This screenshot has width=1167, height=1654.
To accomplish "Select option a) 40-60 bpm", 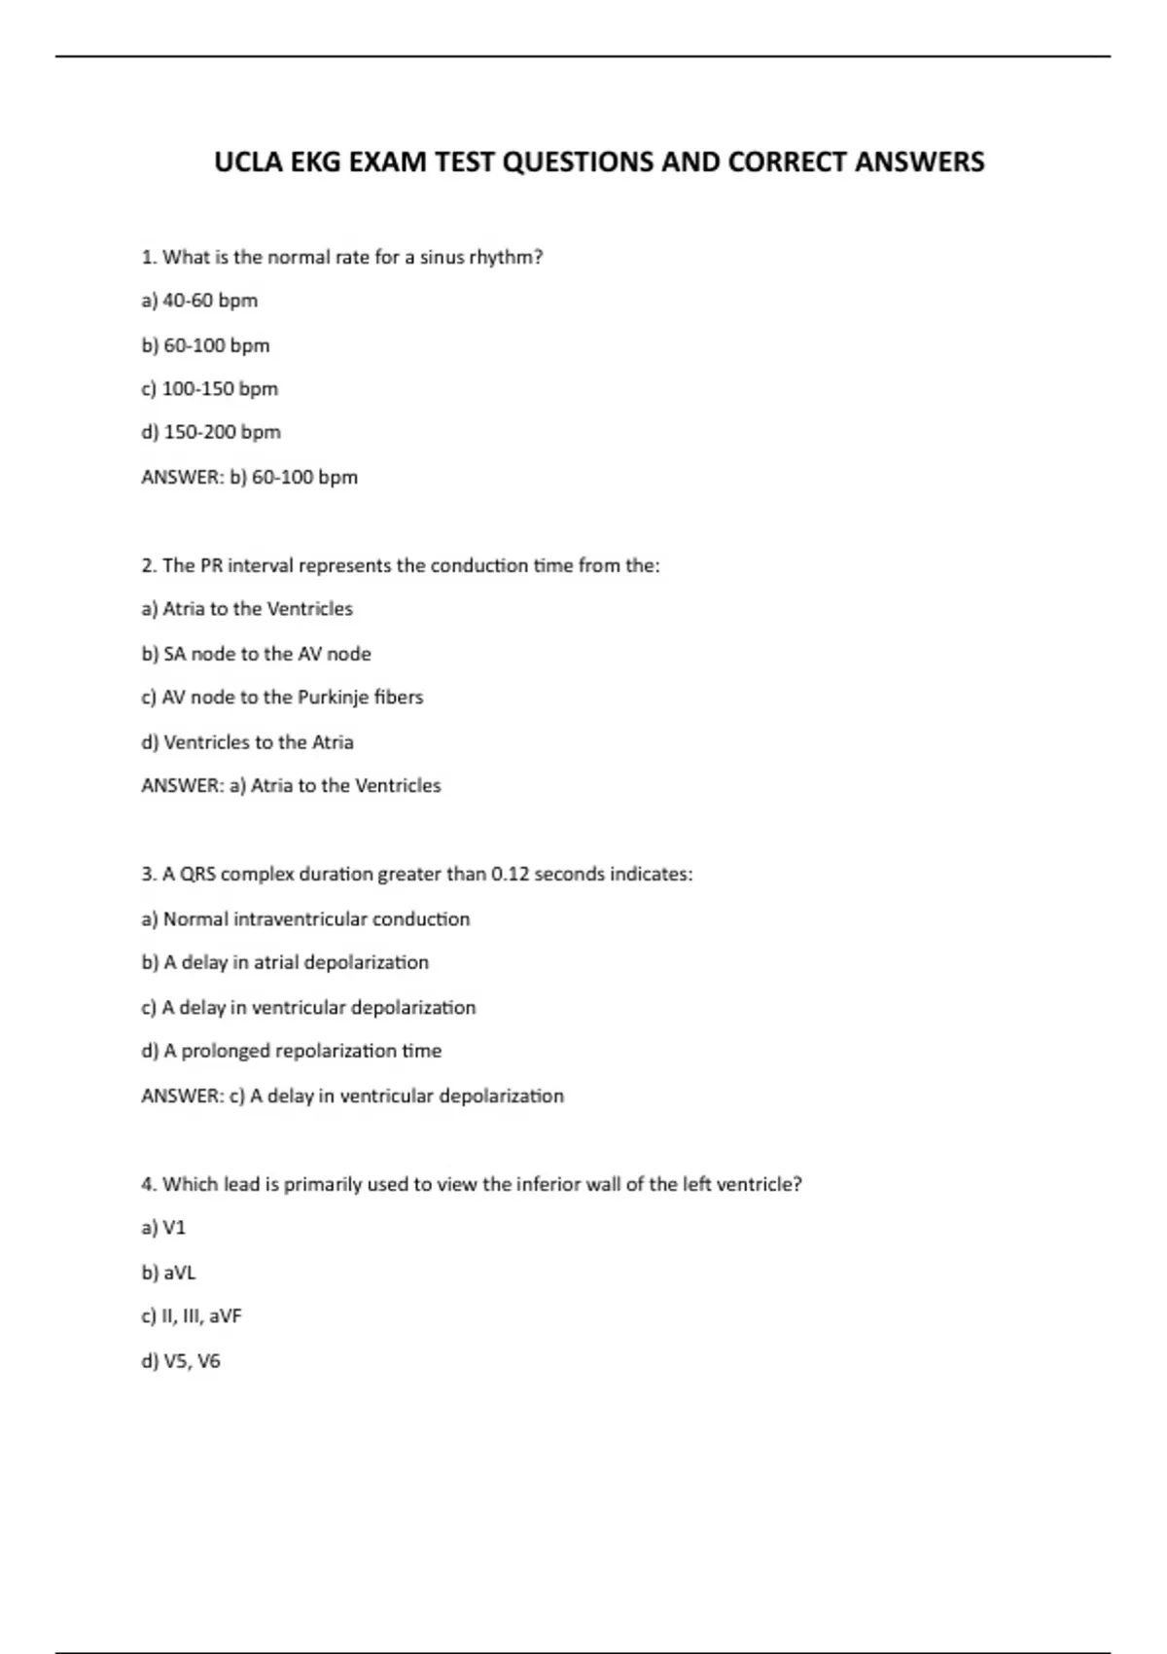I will coord(199,301).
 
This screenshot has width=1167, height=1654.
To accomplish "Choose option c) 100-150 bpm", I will coord(209,389).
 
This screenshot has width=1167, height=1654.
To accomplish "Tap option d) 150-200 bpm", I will coord(211,432).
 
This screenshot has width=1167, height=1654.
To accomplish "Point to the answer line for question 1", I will coord(249,478).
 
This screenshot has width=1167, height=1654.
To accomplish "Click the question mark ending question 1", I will coord(538,258).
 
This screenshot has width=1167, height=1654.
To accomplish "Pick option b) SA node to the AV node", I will coord(256,654).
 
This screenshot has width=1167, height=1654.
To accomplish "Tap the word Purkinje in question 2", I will coord(333,698).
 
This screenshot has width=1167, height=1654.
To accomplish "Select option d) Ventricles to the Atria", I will coord(247,742).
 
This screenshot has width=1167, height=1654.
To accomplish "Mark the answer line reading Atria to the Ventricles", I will coord(291,786).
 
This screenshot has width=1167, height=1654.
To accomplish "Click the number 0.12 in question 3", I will coord(510,875).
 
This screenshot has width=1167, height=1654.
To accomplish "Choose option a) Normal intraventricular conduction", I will coord(305,919).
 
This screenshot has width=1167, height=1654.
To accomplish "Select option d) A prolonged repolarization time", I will coord(291,1051).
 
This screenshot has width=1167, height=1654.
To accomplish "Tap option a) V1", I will coord(163,1228).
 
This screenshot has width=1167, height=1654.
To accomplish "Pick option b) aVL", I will coord(168,1273).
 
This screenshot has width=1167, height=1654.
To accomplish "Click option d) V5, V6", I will coord(181,1361).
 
